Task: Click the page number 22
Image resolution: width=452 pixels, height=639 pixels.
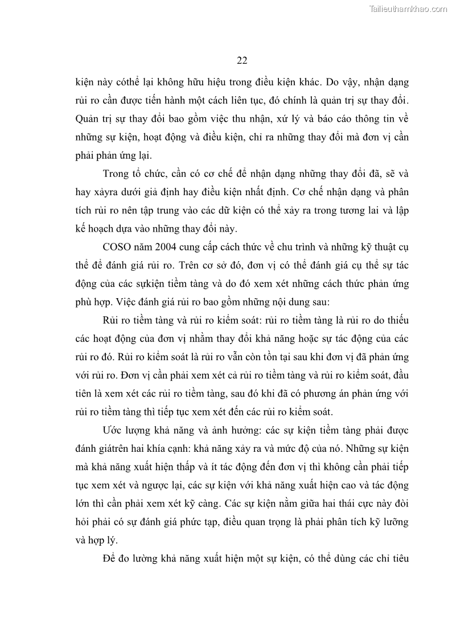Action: pos(241,61)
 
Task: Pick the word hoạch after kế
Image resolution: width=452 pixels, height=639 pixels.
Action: pos(105,230)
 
